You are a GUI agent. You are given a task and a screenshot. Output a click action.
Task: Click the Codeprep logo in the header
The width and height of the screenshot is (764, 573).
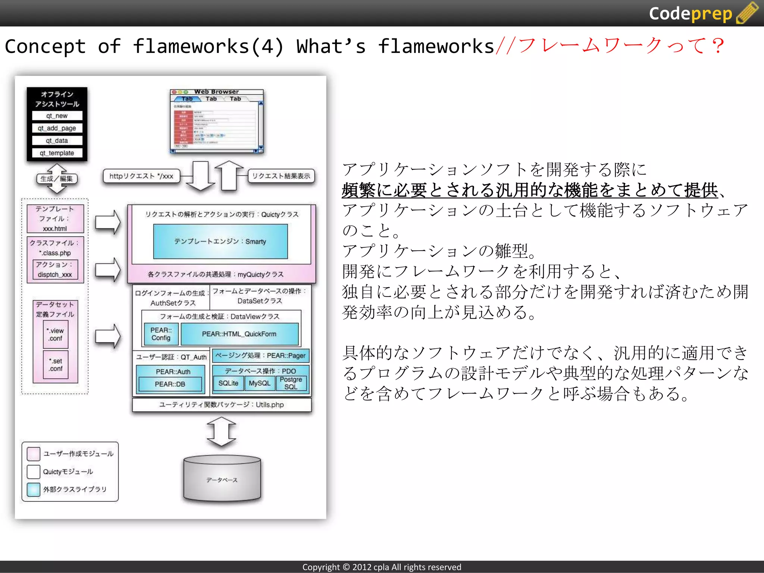coord(703,13)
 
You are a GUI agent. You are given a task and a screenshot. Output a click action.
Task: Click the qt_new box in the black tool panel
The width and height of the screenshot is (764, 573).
coord(57,116)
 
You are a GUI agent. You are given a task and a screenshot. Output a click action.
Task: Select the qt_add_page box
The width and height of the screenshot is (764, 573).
coord(57,128)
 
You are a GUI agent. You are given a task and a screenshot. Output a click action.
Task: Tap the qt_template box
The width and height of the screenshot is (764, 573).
coord(57,153)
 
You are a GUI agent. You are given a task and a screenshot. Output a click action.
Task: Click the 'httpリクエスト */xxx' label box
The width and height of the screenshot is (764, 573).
coord(141,176)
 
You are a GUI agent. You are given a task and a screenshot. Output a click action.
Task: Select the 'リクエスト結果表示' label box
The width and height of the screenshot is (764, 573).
coord(281,176)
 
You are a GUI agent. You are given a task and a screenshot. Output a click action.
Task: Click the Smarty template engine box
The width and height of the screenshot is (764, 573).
coord(220,241)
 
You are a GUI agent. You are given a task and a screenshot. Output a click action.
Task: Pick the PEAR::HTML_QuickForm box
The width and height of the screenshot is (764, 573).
coord(239,334)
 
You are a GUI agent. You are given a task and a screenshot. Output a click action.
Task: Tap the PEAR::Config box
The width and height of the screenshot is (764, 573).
coord(161,334)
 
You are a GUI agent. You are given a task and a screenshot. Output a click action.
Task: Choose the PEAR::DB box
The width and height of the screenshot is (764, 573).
coord(170,384)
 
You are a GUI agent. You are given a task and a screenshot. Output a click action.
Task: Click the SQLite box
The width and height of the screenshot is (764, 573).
coord(228,383)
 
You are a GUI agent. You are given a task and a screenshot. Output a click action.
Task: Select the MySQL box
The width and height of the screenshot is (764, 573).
coord(259,383)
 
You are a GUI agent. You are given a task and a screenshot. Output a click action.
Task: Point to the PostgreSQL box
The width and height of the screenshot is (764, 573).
coord(291,383)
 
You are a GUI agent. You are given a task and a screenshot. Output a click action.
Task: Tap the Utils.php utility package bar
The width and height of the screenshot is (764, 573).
coord(222,405)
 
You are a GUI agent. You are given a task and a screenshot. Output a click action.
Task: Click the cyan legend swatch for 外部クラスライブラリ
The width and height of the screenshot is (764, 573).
coord(34,489)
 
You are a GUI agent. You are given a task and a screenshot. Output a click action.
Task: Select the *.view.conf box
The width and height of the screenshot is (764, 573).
coord(56,335)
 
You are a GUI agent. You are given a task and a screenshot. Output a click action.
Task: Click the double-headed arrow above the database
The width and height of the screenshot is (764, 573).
coord(222,432)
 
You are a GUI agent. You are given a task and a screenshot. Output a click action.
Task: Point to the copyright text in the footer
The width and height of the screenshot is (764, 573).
coord(382,567)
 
